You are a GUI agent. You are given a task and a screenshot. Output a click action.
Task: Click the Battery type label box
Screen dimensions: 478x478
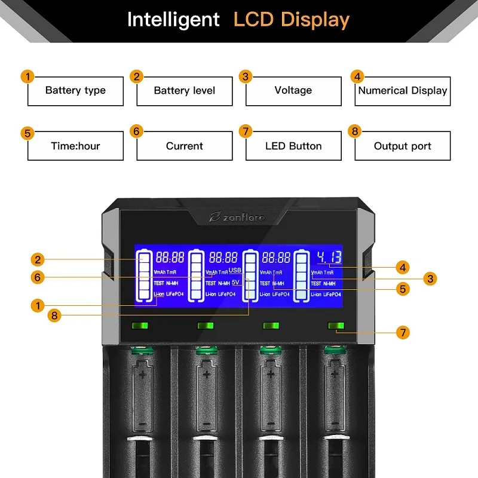click(x=75, y=91)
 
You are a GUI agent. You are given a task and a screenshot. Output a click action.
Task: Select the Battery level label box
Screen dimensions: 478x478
click(x=184, y=91)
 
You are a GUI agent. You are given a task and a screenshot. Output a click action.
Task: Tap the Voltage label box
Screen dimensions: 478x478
click(x=293, y=90)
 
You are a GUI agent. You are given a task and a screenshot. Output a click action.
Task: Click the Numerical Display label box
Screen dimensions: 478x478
click(x=403, y=91)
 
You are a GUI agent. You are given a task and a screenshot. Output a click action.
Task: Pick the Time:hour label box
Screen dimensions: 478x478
click(x=75, y=146)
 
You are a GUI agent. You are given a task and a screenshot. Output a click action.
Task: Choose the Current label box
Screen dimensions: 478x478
click(x=184, y=146)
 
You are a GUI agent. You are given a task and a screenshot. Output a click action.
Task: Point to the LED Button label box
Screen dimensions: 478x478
click(x=293, y=146)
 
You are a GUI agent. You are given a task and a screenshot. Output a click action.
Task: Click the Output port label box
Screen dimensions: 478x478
click(x=403, y=146)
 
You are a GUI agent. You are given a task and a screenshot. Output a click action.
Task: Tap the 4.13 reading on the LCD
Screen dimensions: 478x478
click(x=329, y=258)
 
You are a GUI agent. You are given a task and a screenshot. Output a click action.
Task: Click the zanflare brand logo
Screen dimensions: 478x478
click(x=241, y=217)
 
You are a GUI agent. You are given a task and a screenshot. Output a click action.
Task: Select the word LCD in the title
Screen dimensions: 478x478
click(x=254, y=20)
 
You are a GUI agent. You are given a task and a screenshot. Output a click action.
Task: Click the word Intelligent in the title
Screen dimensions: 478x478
click(x=173, y=20)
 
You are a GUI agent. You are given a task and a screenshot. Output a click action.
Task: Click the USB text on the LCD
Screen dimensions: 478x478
click(x=234, y=271)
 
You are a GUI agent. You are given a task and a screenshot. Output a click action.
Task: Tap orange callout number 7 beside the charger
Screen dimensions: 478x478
click(x=403, y=332)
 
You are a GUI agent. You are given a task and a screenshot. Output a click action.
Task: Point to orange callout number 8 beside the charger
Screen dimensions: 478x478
click(x=54, y=315)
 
